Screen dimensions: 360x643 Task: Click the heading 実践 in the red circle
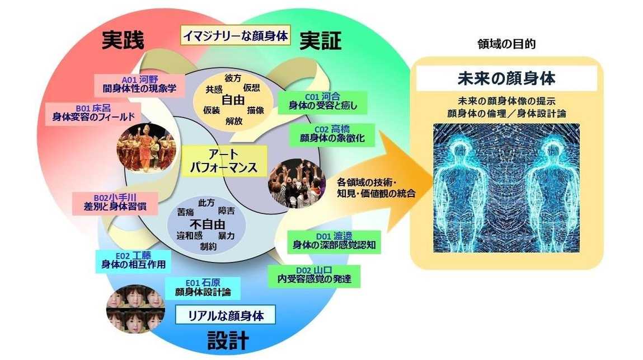123,40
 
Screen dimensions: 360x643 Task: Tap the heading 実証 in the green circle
320,40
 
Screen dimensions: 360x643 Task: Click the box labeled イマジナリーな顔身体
236,36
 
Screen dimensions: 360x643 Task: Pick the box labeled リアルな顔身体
227,315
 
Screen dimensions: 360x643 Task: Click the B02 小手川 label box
117,202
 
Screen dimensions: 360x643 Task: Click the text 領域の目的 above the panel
506,44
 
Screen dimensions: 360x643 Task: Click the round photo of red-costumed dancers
142,147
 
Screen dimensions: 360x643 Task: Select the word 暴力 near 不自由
226,235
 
